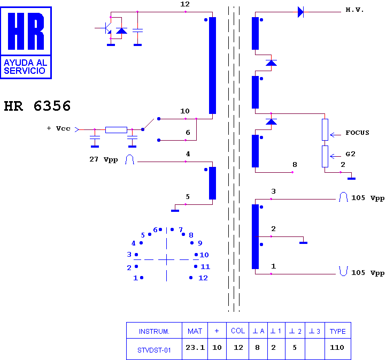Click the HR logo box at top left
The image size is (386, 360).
[x=26, y=43]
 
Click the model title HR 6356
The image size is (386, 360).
[x=37, y=106]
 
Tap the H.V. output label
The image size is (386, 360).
[x=354, y=10]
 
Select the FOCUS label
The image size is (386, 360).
[x=357, y=133]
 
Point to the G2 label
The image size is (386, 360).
[x=350, y=154]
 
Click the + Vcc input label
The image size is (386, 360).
[x=59, y=128]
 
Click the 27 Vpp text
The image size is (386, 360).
[x=104, y=159]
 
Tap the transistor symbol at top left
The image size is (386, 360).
[x=105, y=28]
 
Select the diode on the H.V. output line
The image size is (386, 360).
[x=300, y=12]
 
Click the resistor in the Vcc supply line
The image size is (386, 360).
[x=116, y=130]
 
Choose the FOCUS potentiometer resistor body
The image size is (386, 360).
[x=325, y=130]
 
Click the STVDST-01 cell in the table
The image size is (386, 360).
[x=154, y=350]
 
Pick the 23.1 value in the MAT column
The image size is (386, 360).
[x=195, y=348]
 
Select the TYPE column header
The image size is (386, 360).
[x=338, y=331]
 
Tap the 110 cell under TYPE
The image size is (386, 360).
[x=337, y=348]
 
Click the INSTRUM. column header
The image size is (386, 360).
[x=154, y=332]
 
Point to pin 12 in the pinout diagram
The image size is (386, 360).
[x=191, y=278]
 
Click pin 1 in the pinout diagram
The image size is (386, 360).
[x=142, y=278]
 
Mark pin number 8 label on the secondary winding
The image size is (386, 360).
[x=295, y=164]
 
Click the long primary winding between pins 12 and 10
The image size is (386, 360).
[x=212, y=65]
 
